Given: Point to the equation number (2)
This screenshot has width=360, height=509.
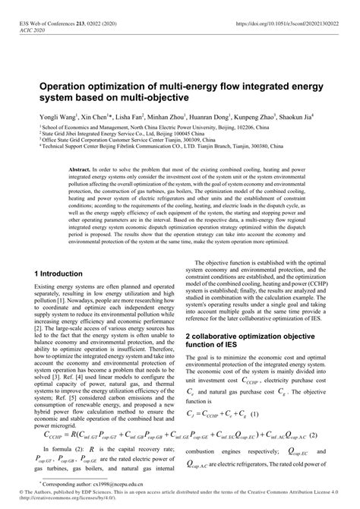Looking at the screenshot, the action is [x=330, y=435].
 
